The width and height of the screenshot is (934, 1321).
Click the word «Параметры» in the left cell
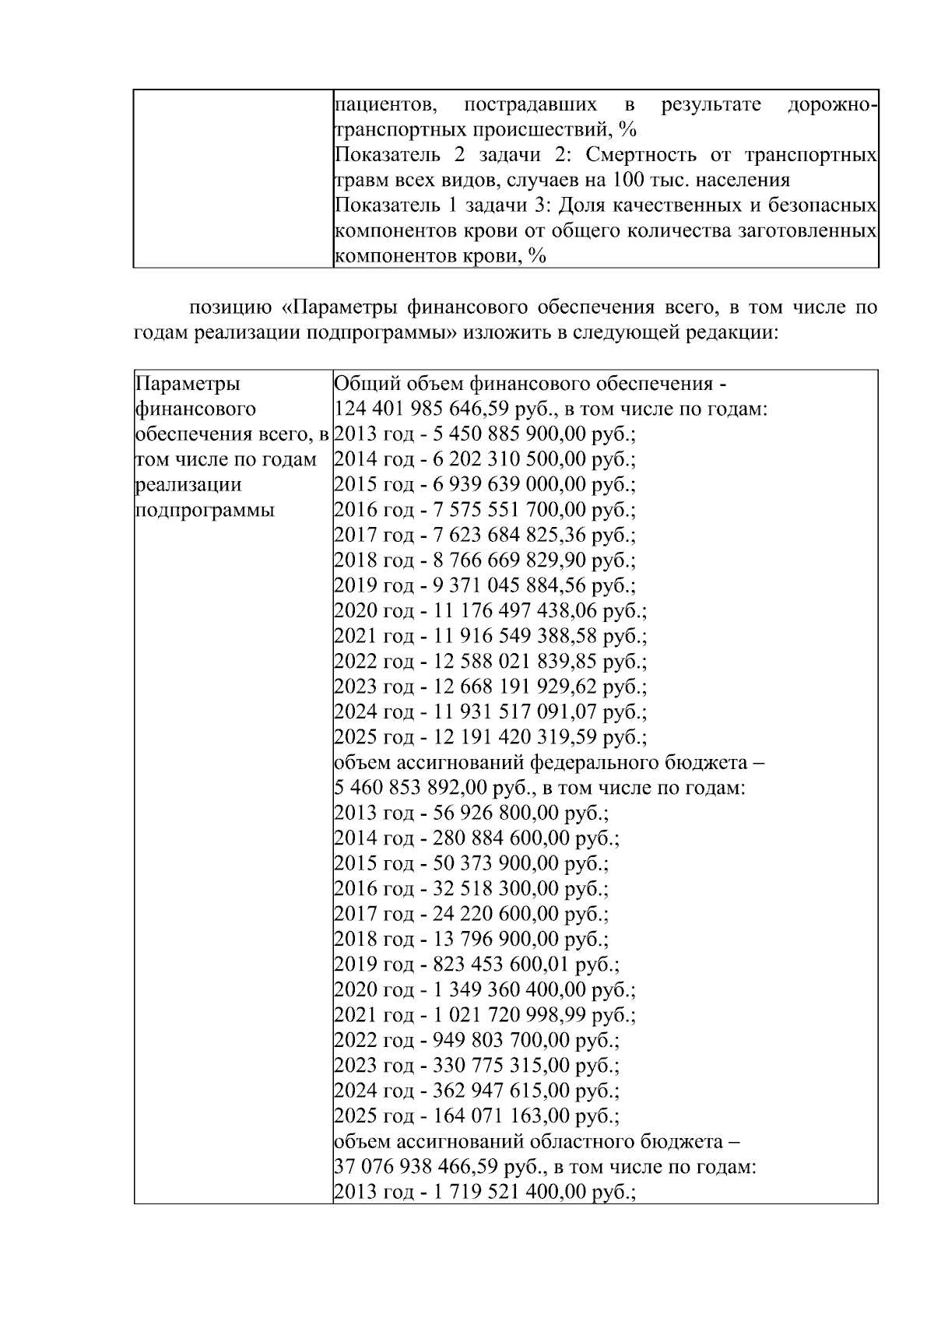[x=188, y=384]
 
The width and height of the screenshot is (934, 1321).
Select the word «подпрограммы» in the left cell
[x=205, y=511]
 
